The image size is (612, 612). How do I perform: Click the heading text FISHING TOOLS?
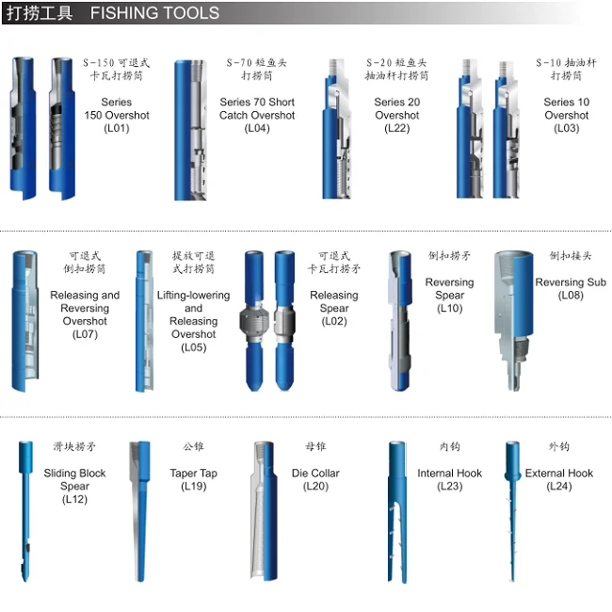coord(154,14)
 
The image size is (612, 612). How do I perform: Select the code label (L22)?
coord(397,129)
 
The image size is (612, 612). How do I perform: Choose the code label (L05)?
coord(193,347)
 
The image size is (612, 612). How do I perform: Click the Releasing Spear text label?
coord(334,301)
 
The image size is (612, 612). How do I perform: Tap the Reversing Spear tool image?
coord(401,320)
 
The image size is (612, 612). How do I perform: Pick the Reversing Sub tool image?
coord(512,315)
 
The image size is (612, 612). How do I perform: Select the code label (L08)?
coord(571,296)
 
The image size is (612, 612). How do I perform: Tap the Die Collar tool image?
coord(266,504)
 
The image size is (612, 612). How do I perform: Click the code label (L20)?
coord(315,487)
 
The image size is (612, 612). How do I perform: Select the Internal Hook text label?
coord(449,474)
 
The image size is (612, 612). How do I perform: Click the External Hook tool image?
coord(512,504)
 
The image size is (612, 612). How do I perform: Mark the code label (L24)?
coord(559,487)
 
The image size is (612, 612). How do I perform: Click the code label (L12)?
coord(74,500)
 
